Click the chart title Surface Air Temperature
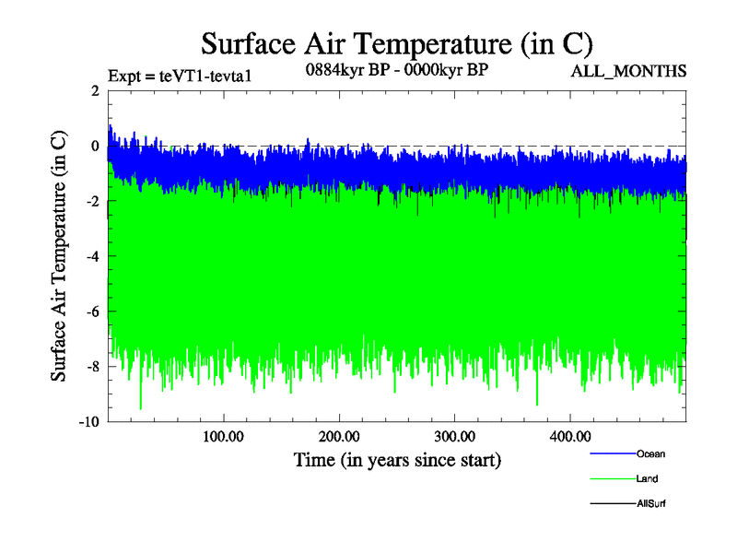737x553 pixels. point(396,44)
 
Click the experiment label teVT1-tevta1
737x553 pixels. point(179,75)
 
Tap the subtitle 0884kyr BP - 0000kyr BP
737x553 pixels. point(396,69)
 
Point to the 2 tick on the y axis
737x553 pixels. point(94,90)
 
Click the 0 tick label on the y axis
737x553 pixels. point(94,146)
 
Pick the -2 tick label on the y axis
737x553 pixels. point(91,201)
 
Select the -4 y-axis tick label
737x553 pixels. point(91,256)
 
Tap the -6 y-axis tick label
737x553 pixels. point(91,312)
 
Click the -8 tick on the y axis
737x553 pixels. point(91,367)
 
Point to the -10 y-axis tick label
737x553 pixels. point(88,422)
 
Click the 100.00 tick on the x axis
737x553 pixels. point(223,436)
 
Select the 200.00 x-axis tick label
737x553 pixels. point(339,436)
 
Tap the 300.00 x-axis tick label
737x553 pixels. point(454,436)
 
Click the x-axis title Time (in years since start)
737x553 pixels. point(397,459)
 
